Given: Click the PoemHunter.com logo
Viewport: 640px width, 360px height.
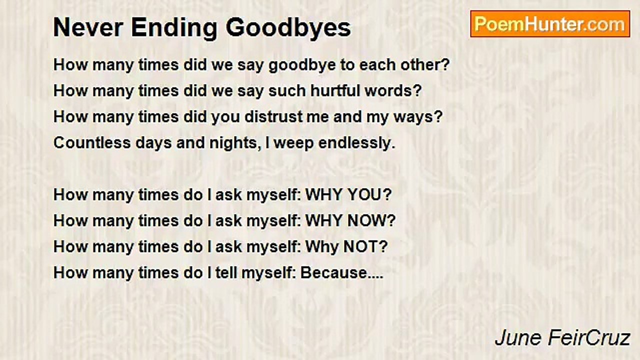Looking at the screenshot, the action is click(x=550, y=24).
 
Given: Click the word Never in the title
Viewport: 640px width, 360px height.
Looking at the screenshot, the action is click(x=88, y=27).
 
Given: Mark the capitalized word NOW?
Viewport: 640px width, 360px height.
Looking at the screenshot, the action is click(x=371, y=221).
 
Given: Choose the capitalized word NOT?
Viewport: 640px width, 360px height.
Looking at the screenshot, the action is click(x=365, y=247).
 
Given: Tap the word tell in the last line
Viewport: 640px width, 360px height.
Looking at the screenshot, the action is click(x=226, y=273).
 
